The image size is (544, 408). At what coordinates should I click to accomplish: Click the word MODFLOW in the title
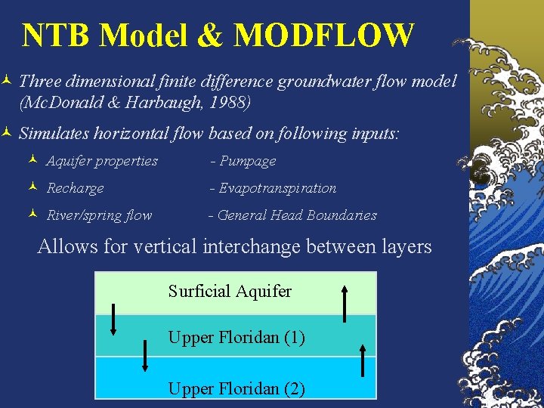[x=324, y=36]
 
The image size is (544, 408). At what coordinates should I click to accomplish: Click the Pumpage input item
[x=243, y=161]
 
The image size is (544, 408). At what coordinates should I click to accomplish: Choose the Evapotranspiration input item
[x=274, y=188]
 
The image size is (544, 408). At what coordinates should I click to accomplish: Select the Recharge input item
[x=75, y=188]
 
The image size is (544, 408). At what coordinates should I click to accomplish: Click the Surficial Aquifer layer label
[x=230, y=291]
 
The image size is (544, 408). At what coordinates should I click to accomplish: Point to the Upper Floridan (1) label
[x=236, y=338]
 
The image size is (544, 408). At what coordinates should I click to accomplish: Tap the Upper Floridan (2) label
[x=236, y=389]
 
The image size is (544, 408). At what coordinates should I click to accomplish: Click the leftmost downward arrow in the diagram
[x=113, y=318]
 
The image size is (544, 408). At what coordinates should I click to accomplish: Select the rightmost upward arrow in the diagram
[x=363, y=357]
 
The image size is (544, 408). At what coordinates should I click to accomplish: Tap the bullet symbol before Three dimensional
[x=6, y=80]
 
